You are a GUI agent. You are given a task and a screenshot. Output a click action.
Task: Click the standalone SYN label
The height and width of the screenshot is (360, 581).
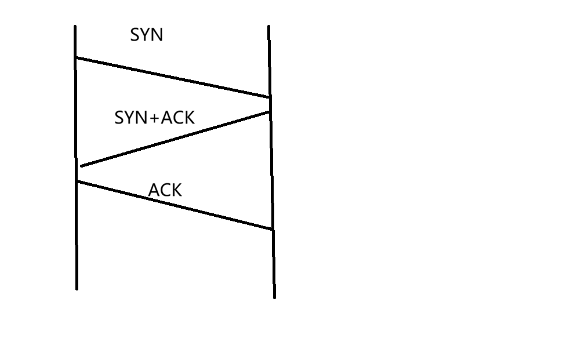coord(146,35)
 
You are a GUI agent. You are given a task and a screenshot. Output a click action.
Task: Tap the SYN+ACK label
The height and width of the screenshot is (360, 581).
coord(154,118)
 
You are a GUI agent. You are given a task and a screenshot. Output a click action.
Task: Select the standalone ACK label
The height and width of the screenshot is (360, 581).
coord(165,190)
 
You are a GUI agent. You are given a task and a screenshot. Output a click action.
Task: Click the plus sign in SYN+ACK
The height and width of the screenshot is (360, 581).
coord(154,119)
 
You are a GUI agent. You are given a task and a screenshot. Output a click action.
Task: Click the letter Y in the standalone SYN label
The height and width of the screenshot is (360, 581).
coord(146,35)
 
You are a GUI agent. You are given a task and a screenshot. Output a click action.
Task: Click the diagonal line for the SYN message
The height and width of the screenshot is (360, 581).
coord(173,77)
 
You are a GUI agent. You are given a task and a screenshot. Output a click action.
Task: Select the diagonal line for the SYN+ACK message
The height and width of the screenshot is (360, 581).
coord(175,139)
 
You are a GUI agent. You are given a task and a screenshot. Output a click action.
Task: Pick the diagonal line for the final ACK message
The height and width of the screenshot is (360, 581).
coord(174,205)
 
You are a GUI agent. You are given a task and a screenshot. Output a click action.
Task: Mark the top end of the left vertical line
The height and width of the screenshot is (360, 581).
coord(75,26)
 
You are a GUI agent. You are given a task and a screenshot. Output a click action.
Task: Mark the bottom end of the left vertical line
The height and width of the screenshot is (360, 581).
coord(77,289)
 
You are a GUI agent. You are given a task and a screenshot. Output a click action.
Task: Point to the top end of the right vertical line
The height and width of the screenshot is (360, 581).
coord(268,26)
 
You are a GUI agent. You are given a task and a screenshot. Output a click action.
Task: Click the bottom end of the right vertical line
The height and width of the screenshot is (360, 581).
coord(274,297)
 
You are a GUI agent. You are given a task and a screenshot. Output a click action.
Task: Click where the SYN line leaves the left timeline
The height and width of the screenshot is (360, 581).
coord(76,57)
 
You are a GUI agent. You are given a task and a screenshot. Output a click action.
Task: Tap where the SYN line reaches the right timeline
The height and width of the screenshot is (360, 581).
coord(270,97)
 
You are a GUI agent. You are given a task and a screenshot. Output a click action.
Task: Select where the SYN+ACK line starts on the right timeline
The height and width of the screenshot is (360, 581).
coord(270,112)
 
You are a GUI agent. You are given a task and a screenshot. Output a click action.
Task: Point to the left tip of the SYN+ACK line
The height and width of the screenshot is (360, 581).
coord(82,166)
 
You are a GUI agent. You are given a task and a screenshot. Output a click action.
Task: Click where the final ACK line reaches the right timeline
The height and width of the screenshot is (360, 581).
coord(273,230)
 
